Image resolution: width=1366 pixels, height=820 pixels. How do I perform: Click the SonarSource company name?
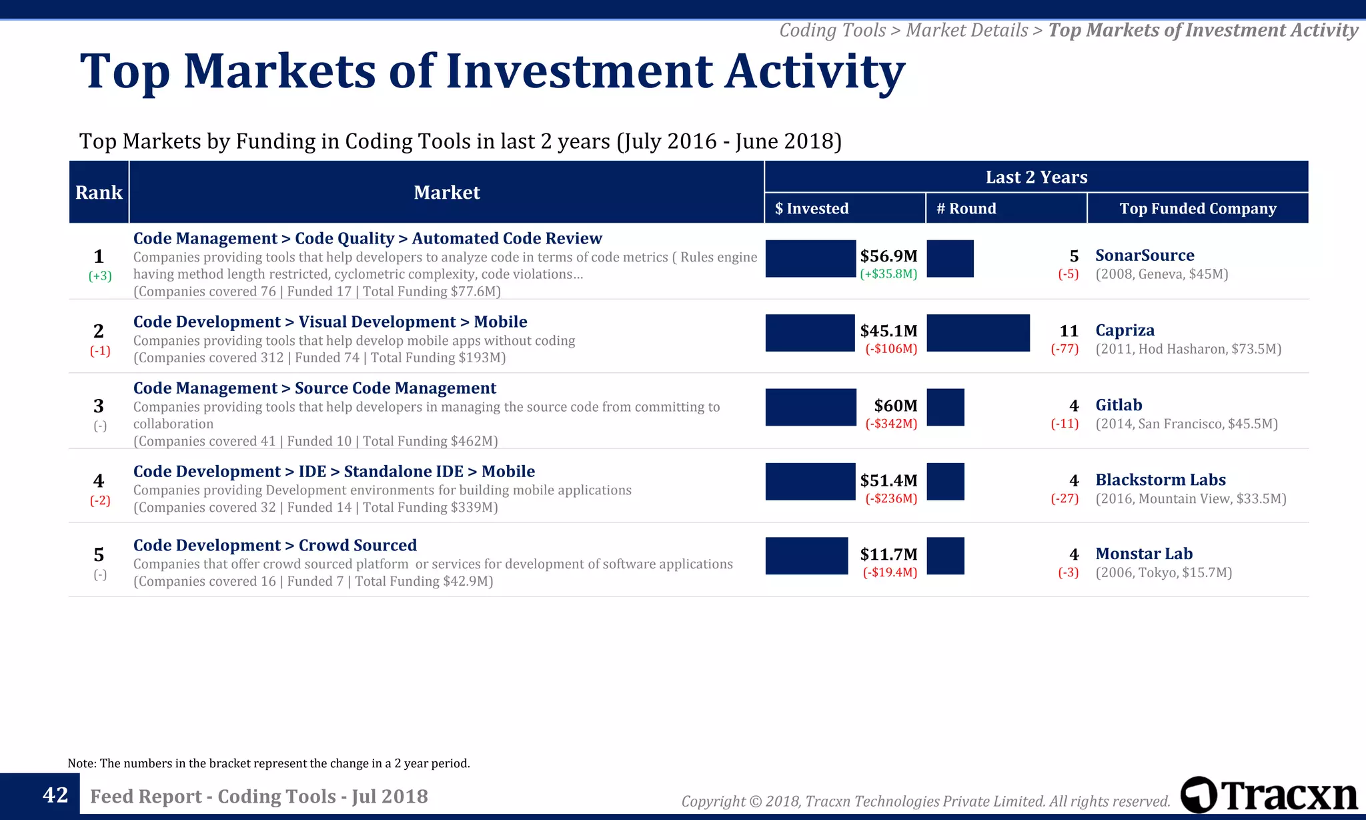tap(1145, 256)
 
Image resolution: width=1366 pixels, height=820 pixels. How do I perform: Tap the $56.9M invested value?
tap(888, 256)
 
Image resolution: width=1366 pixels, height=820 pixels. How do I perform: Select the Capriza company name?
tap(1125, 330)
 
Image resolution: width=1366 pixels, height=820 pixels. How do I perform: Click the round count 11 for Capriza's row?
tap(1069, 331)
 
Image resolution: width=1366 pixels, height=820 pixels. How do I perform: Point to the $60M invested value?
tap(895, 406)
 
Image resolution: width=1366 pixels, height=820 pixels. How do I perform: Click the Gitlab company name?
tap(1119, 405)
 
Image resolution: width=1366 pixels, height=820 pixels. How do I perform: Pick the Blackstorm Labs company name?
tap(1160, 480)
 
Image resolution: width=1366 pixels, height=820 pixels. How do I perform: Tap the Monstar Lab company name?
tap(1144, 554)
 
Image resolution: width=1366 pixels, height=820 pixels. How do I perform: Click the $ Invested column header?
tap(812, 208)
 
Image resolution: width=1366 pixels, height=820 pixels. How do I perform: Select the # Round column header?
tap(966, 208)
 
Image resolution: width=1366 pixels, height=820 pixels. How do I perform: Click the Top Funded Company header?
tap(1197, 208)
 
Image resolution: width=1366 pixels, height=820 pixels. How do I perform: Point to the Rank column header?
tap(99, 192)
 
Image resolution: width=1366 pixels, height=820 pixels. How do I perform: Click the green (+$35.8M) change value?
tap(888, 274)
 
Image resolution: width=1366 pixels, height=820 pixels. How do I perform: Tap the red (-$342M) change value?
tap(891, 424)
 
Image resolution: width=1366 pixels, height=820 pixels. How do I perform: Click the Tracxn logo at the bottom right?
tap(1269, 795)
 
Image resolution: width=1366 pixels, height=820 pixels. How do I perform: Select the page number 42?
tap(55, 795)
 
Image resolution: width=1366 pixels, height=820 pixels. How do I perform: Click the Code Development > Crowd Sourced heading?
tap(275, 546)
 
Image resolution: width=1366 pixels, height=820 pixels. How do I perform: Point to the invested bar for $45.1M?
tap(810, 333)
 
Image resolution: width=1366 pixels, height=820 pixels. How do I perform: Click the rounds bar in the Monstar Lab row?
tap(945, 556)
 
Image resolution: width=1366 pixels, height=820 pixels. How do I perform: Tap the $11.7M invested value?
tap(888, 554)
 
